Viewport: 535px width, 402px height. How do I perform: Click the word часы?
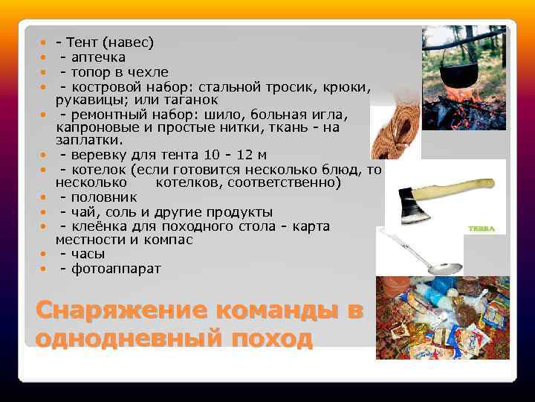[88, 254]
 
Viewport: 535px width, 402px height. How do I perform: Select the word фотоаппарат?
[115, 268]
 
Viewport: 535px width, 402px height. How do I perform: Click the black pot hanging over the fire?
[456, 74]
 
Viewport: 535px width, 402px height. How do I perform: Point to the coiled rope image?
[393, 131]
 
